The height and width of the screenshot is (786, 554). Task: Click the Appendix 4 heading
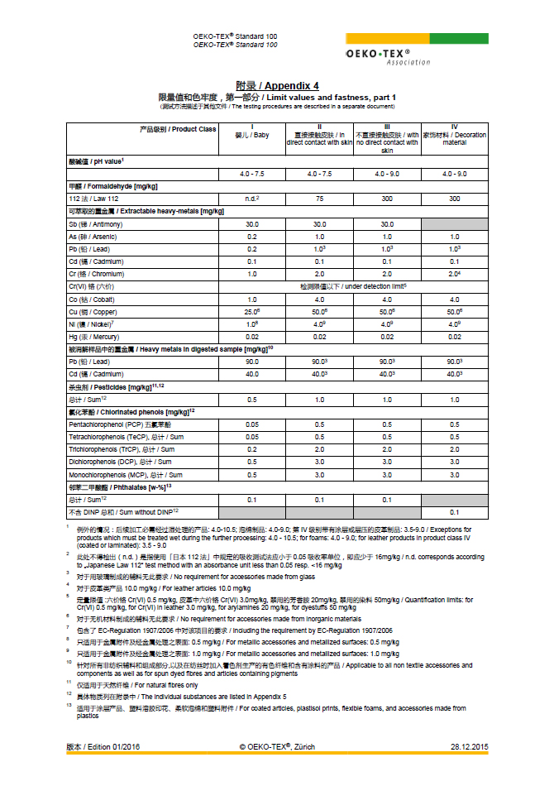tap(277, 86)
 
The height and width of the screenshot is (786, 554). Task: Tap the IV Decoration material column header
tap(454, 136)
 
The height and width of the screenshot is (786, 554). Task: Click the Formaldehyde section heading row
tap(113, 187)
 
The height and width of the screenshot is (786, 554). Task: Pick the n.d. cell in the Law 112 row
tap(251, 199)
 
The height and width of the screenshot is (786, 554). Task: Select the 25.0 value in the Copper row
tap(251, 311)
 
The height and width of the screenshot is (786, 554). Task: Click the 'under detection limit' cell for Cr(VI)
tap(352, 286)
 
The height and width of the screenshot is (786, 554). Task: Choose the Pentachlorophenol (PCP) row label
tap(118, 424)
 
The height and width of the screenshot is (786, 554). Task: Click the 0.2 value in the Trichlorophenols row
tap(251, 448)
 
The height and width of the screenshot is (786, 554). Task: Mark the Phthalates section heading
tap(120, 486)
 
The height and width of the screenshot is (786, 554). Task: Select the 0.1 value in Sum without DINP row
tap(454, 512)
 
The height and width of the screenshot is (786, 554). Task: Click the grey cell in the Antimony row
tap(454, 224)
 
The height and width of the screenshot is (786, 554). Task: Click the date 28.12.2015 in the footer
tap(469, 746)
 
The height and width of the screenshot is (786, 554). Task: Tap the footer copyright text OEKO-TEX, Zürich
tap(277, 746)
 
